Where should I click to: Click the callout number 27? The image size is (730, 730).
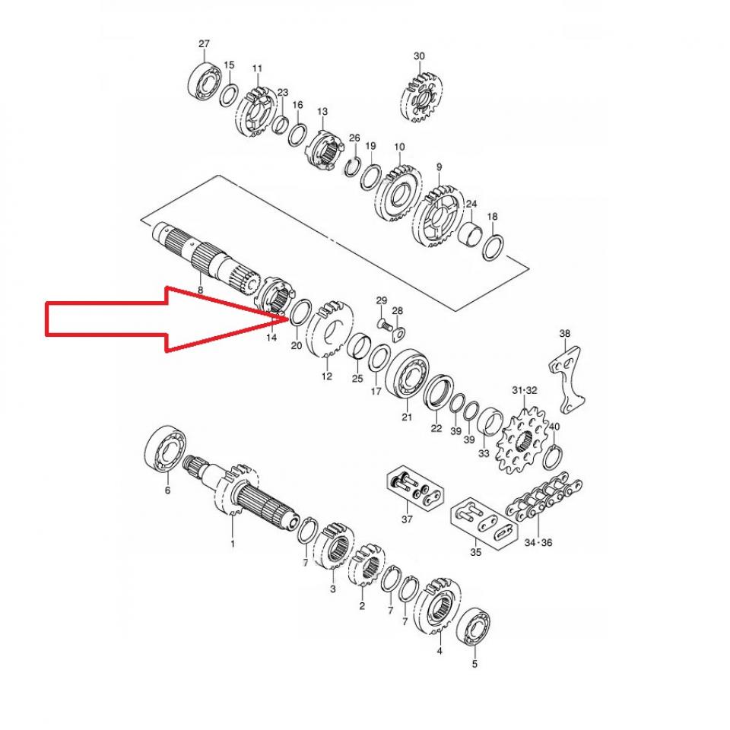[204, 44]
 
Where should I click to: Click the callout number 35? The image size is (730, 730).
[475, 553]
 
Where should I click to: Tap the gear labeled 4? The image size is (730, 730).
[440, 608]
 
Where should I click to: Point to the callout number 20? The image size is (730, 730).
[296, 346]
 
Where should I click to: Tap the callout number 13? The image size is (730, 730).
[322, 112]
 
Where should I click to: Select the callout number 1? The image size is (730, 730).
[233, 544]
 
